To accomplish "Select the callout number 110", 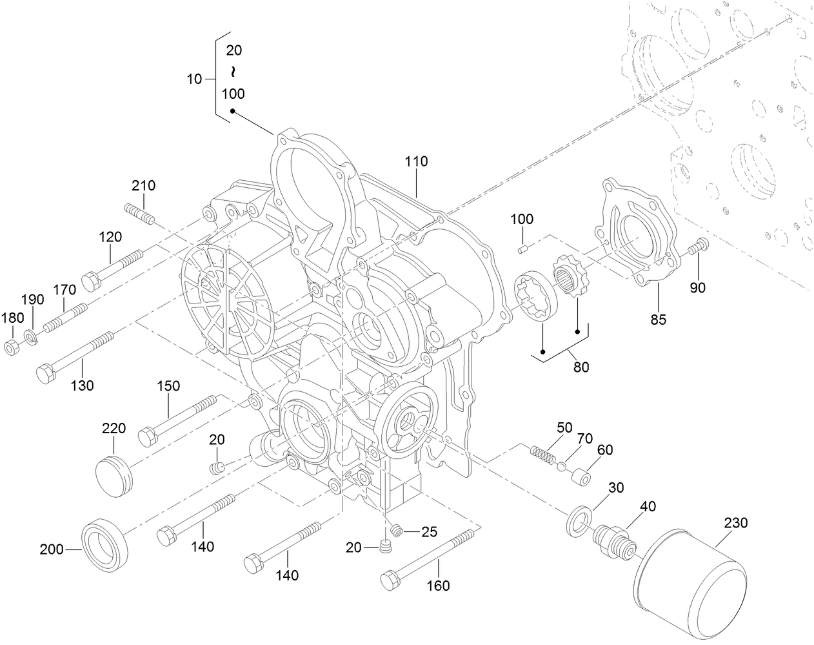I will (416, 161).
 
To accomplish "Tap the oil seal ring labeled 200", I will (104, 544).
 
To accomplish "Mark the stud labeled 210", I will (138, 214).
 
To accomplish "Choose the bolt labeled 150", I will (177, 420).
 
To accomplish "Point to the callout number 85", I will (658, 319).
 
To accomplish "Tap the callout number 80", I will (581, 367).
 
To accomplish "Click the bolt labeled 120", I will (112, 268).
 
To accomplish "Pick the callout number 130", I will (82, 385).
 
